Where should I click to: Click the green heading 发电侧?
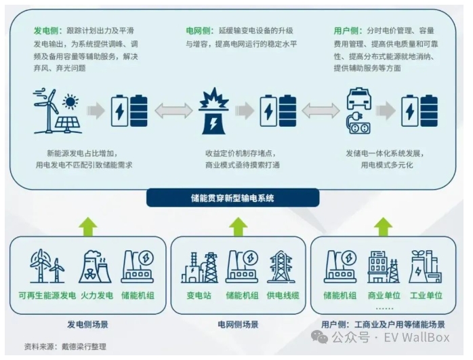pyautogui.click(x=47, y=31)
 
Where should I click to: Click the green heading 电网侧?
pyautogui.click(x=199, y=31)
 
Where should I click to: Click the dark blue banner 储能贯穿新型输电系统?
pyautogui.click(x=232, y=198)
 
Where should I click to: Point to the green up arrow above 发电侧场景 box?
pyautogui.click(x=88, y=226)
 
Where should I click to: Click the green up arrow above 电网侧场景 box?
pyautogui.click(x=238, y=226)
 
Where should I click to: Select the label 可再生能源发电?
pyautogui.click(x=47, y=296)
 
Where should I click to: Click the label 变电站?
pyautogui.click(x=199, y=296)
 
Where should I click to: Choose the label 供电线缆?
pyautogui.click(x=281, y=296)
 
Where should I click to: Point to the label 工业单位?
pyautogui.click(x=426, y=296)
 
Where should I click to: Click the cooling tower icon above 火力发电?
pyautogui.click(x=94, y=266)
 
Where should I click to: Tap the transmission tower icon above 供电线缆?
pyautogui.click(x=281, y=266)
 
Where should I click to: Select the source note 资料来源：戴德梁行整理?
pyautogui.click(x=65, y=346)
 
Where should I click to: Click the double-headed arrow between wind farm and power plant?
pyautogui.click(x=173, y=111)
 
